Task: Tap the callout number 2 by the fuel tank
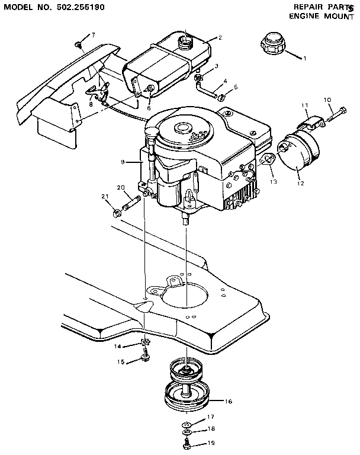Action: tap(220, 38)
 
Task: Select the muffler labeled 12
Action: tap(299, 153)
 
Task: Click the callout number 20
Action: tap(121, 187)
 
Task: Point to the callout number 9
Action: tap(123, 161)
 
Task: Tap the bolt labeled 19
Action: tap(186, 442)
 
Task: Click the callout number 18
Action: tap(211, 428)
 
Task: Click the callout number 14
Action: tap(117, 345)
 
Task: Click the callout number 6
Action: tap(149, 108)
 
